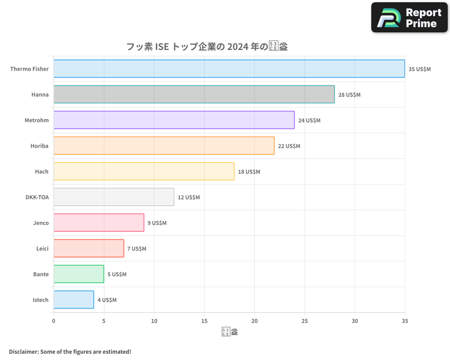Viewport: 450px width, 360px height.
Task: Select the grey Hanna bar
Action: tap(194, 94)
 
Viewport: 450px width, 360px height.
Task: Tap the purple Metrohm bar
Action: tap(174, 120)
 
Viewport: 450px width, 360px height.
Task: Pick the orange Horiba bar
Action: tap(164, 146)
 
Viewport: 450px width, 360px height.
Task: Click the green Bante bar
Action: tap(79, 274)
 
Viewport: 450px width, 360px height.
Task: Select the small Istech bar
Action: tap(74, 300)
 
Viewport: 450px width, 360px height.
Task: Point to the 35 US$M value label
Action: tap(419, 69)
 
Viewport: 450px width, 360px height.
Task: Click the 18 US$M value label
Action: tap(249, 172)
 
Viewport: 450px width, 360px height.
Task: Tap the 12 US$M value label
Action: tap(189, 198)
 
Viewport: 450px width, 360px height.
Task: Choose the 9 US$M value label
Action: tap(157, 223)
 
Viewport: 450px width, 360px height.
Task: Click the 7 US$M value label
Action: tap(137, 249)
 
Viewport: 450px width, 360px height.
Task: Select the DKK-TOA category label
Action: tap(37, 197)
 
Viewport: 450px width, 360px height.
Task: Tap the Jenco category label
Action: tap(41, 223)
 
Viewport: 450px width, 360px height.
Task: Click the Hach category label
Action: tap(42, 171)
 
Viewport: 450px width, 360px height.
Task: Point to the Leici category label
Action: tap(42, 248)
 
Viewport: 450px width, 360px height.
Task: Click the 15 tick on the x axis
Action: tap(204, 321)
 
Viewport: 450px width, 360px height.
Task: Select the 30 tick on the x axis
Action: tap(355, 321)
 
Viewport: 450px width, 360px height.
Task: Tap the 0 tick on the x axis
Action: tap(54, 321)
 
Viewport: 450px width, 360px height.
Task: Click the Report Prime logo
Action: tap(409, 18)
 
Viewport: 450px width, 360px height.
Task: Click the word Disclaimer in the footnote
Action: tap(23, 351)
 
